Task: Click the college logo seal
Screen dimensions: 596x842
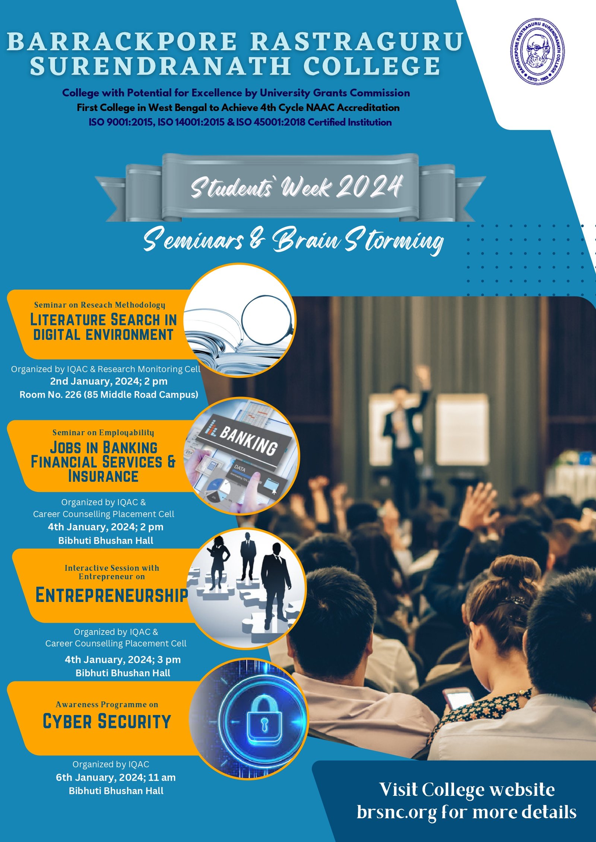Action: tap(537, 51)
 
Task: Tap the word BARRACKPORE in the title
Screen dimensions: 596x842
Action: tap(122, 41)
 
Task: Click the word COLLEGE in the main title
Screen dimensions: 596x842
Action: tap(372, 66)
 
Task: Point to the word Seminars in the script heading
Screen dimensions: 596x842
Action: tap(193, 239)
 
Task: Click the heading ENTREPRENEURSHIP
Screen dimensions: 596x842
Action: tap(112, 595)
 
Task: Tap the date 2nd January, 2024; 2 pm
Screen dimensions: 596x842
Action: tap(109, 381)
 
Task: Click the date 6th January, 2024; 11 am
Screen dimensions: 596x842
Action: tap(116, 777)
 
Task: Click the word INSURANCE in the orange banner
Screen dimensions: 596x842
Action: tap(103, 476)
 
